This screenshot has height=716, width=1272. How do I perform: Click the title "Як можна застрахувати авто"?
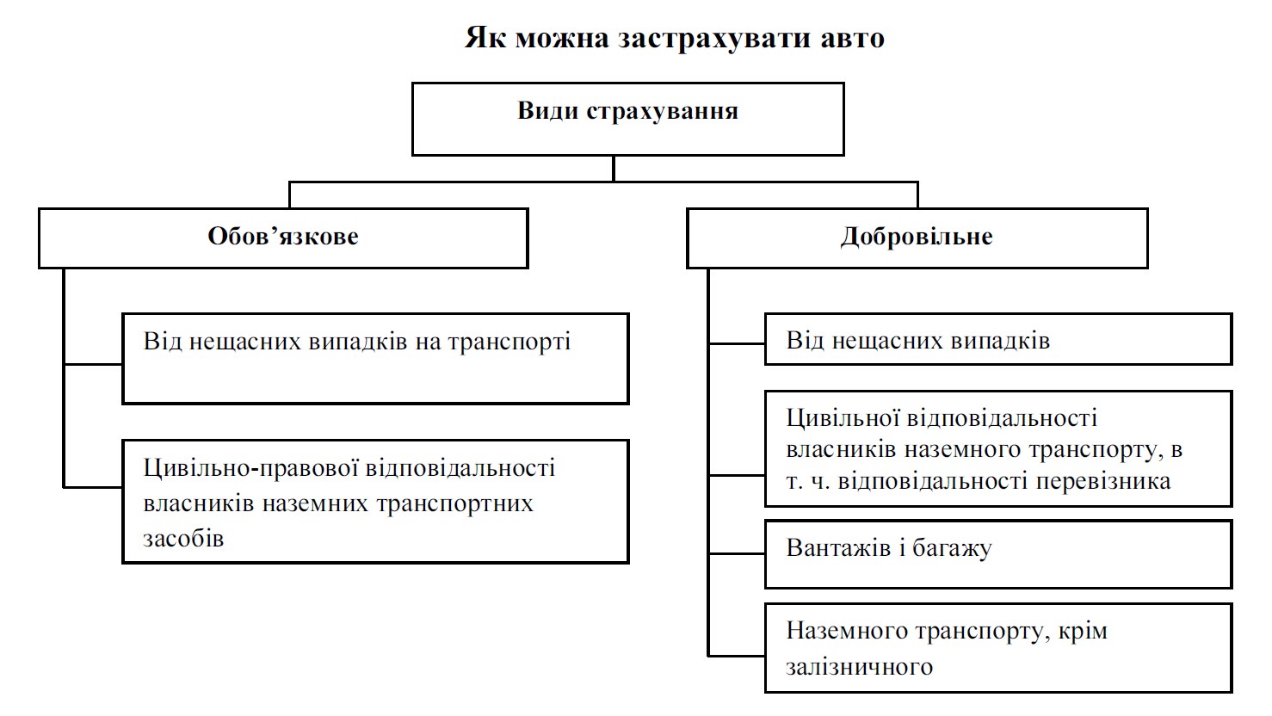675,39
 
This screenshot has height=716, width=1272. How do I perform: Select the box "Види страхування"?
627,119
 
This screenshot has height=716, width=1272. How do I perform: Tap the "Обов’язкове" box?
282,238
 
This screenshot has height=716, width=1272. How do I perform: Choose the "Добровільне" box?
917,238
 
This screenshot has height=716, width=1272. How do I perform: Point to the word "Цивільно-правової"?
251,468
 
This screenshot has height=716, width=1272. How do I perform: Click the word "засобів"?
183,539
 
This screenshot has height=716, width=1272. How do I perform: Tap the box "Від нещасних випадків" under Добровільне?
998,339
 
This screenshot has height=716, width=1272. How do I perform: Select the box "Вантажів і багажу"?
998,553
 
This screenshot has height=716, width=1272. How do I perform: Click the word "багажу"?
951,548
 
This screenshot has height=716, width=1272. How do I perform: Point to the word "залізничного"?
859,667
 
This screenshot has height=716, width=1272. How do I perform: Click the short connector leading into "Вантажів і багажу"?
737,553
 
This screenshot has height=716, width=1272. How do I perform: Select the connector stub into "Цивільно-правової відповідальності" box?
93,487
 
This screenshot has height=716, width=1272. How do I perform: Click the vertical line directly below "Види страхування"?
614,169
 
